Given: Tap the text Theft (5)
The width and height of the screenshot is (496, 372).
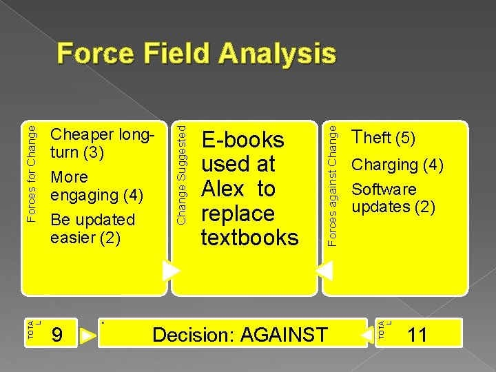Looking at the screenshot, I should [x=383, y=138].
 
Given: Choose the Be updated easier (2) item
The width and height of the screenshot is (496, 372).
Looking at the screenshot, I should [x=92, y=229].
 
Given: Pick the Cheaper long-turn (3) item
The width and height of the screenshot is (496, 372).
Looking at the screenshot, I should [x=101, y=143].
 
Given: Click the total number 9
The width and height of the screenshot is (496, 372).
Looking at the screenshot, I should [x=59, y=335].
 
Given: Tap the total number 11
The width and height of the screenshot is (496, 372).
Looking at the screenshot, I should [x=417, y=335].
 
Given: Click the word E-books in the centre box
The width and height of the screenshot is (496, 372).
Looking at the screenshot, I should [x=242, y=140].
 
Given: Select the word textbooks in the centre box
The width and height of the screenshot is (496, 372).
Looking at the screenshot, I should [x=249, y=238].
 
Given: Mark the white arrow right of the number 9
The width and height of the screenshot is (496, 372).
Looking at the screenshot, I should [x=88, y=336].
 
